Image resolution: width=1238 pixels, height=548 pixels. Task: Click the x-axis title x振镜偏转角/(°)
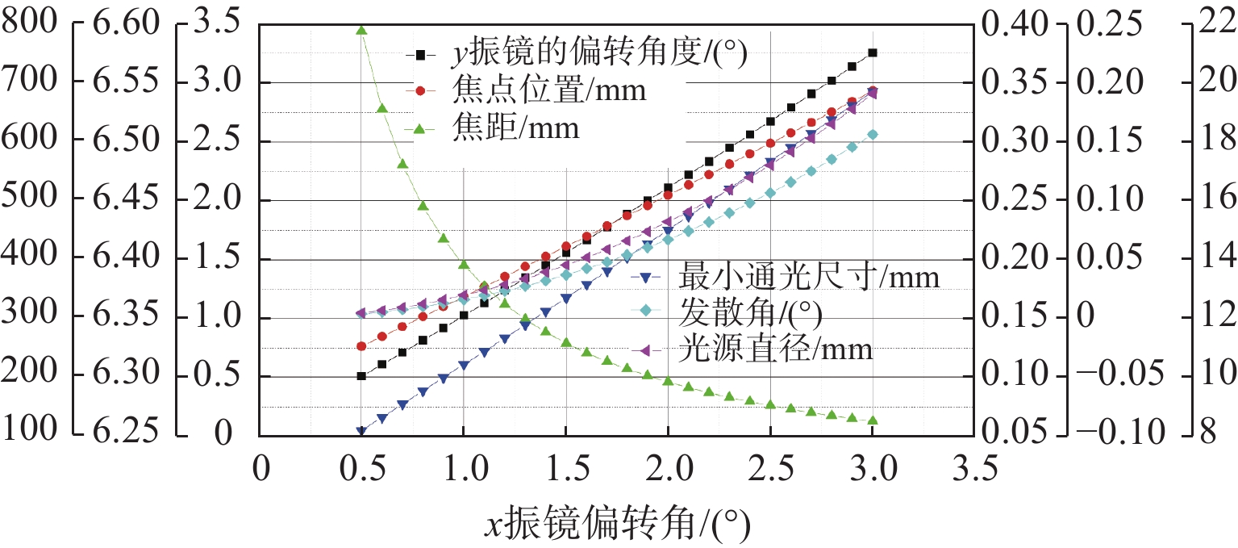pos(617,525)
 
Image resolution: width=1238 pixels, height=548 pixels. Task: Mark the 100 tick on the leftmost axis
pos(30,433)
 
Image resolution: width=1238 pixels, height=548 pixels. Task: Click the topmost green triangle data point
pos(361,30)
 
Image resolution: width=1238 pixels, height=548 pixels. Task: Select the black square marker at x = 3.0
pos(873,52)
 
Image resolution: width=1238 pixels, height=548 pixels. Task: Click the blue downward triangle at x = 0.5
pos(361,432)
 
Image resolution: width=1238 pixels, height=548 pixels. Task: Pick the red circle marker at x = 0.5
pos(361,346)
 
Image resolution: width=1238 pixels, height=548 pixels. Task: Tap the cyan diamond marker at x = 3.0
pos(873,135)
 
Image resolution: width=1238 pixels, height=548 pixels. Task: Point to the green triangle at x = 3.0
pos(873,420)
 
